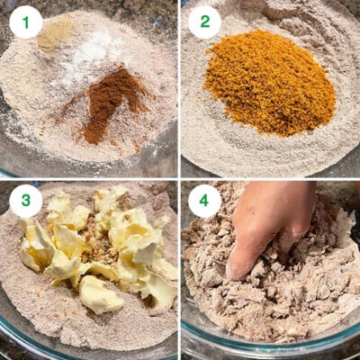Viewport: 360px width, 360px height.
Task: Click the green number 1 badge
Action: (x=25, y=22)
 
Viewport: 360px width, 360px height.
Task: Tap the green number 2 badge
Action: (x=205, y=22)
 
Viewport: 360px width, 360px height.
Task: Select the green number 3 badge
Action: (x=25, y=201)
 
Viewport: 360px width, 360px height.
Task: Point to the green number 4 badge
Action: (x=205, y=201)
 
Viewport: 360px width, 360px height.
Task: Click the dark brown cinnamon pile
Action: (x=106, y=102)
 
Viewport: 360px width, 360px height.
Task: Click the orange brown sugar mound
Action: (x=268, y=84)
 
